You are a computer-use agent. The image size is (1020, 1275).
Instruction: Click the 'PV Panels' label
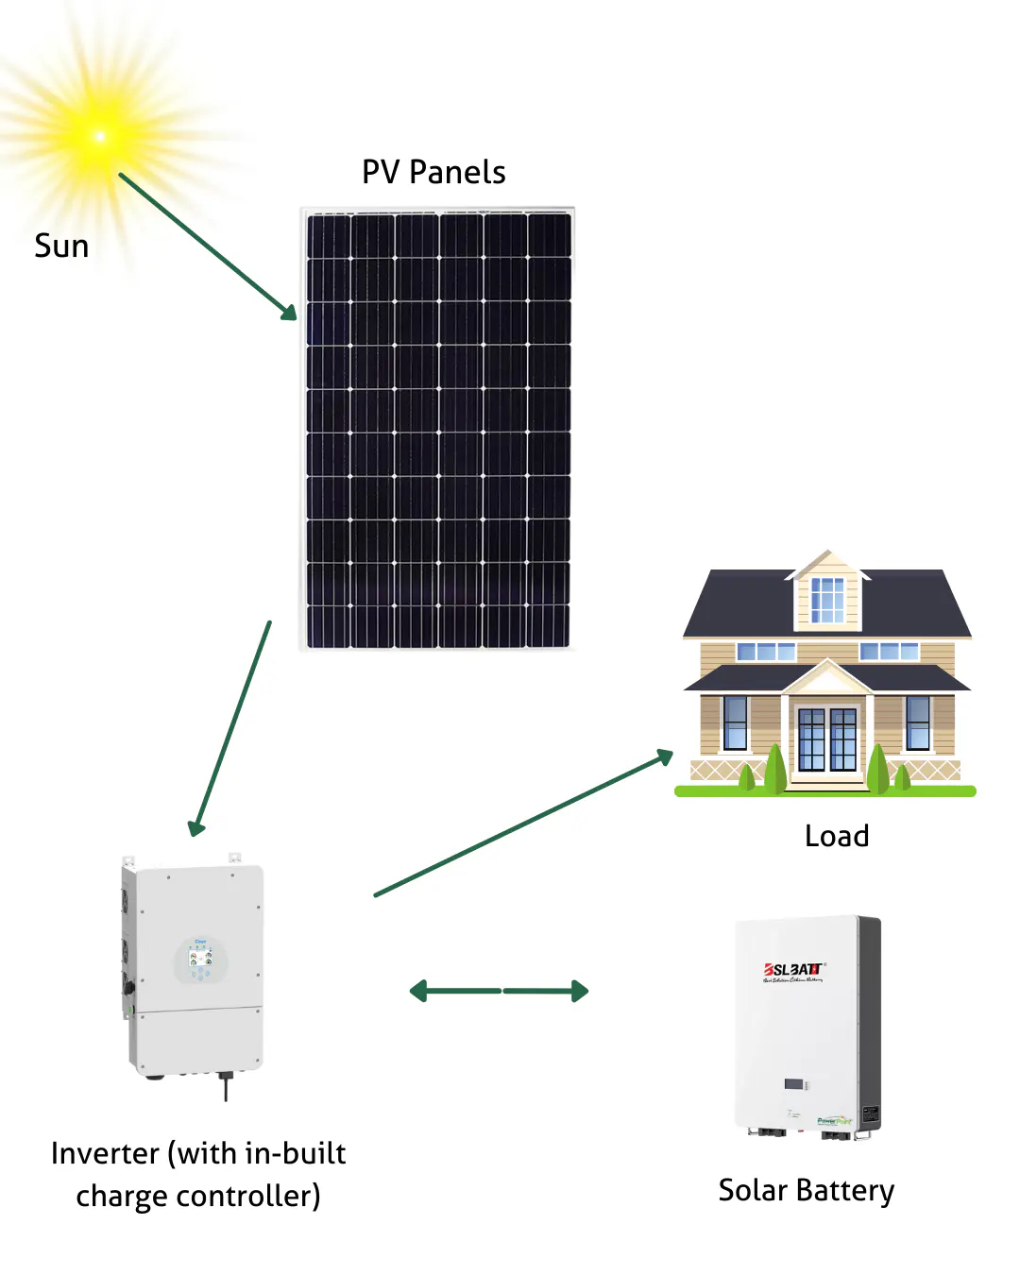point(433,173)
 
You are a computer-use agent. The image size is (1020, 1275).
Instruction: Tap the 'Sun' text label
point(61,246)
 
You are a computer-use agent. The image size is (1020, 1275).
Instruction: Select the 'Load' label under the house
point(837,836)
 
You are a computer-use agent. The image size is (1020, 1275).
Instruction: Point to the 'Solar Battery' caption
point(806,1191)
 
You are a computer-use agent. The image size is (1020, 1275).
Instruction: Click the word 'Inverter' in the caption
point(105,1153)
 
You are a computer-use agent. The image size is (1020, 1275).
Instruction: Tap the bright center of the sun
point(100,137)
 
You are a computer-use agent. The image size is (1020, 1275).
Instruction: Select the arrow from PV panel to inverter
point(231,727)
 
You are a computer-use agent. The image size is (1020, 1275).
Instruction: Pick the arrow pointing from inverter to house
point(524,823)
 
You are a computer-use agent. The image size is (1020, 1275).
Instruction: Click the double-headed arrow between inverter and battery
point(499,991)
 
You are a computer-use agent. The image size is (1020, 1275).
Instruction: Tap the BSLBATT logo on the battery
point(793,970)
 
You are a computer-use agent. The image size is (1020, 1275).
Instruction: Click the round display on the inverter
point(200,960)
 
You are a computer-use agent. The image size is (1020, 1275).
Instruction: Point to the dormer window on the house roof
point(827,600)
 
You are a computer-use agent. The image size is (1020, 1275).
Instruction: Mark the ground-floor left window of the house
point(735,722)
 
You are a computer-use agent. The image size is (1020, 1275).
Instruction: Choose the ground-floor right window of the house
point(917,722)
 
